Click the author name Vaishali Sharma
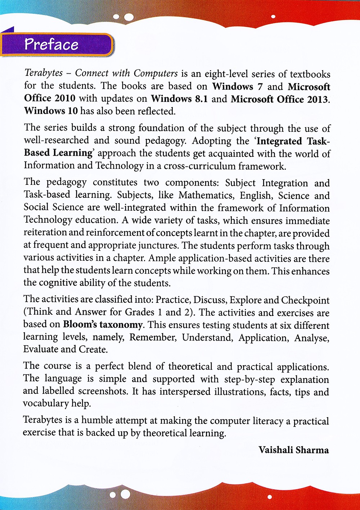click(x=293, y=450)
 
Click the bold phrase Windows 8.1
click(x=179, y=99)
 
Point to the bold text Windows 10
click(x=51, y=111)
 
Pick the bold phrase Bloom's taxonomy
click(x=103, y=324)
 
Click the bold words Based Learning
click(x=58, y=153)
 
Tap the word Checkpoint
click(x=305, y=300)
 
